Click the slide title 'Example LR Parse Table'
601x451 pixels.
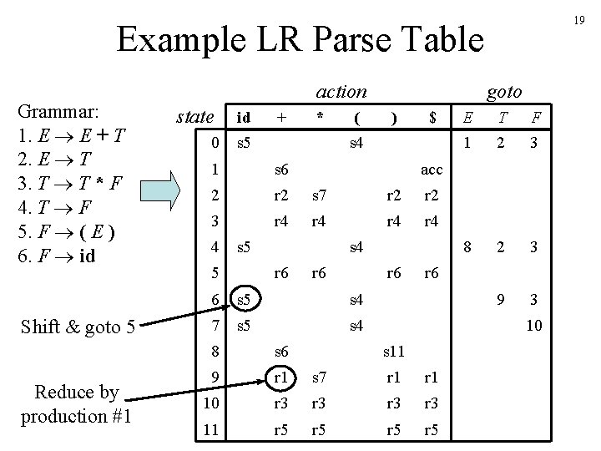point(300,39)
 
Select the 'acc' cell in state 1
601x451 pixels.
point(432,170)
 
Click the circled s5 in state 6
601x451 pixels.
point(245,299)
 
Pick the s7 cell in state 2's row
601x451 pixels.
point(320,195)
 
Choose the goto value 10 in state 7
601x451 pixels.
point(534,324)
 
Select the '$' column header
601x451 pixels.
point(432,119)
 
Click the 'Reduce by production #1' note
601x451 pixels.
point(76,404)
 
